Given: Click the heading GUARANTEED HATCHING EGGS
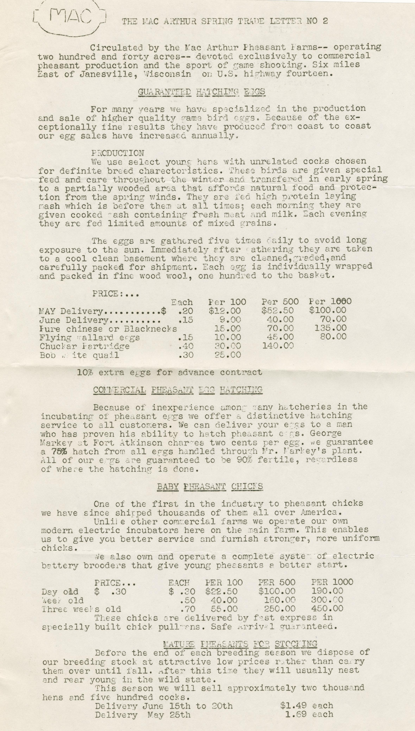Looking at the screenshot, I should (x=201, y=92).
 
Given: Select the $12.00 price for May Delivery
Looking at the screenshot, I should (x=225, y=311).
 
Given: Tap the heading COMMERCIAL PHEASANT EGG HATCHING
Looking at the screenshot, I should (x=178, y=390).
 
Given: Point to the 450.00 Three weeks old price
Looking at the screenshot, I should (x=327, y=609).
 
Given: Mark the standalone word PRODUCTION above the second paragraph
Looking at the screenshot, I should (x=118, y=153).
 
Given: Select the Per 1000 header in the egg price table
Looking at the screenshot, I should (x=330, y=302).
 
